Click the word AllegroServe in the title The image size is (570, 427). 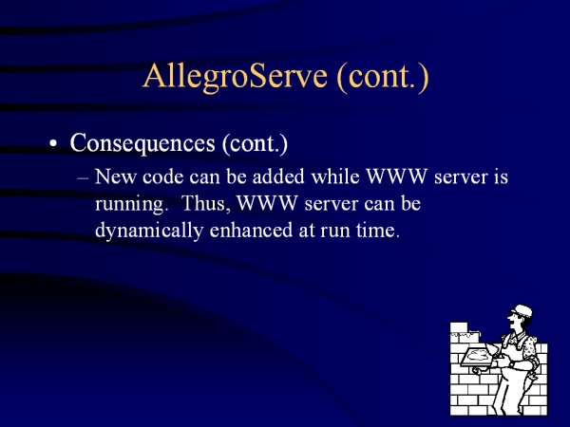coord(235,77)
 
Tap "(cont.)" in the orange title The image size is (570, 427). coord(383,78)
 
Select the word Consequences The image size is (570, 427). coord(142,143)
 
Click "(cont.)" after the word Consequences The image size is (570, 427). coord(256,144)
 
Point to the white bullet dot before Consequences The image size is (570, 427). coord(53,143)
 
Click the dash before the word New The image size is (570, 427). coord(83,178)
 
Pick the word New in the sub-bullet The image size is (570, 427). coord(115,176)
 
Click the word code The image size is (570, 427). coord(162,177)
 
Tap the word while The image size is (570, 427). coord(335,176)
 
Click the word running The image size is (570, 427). coord(130,204)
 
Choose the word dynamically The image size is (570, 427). coord(149,231)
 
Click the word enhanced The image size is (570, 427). coord(251,231)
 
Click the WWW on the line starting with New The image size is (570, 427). coord(396,176)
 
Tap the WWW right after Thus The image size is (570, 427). coord(267,204)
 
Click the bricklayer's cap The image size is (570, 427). coord(522,311)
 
